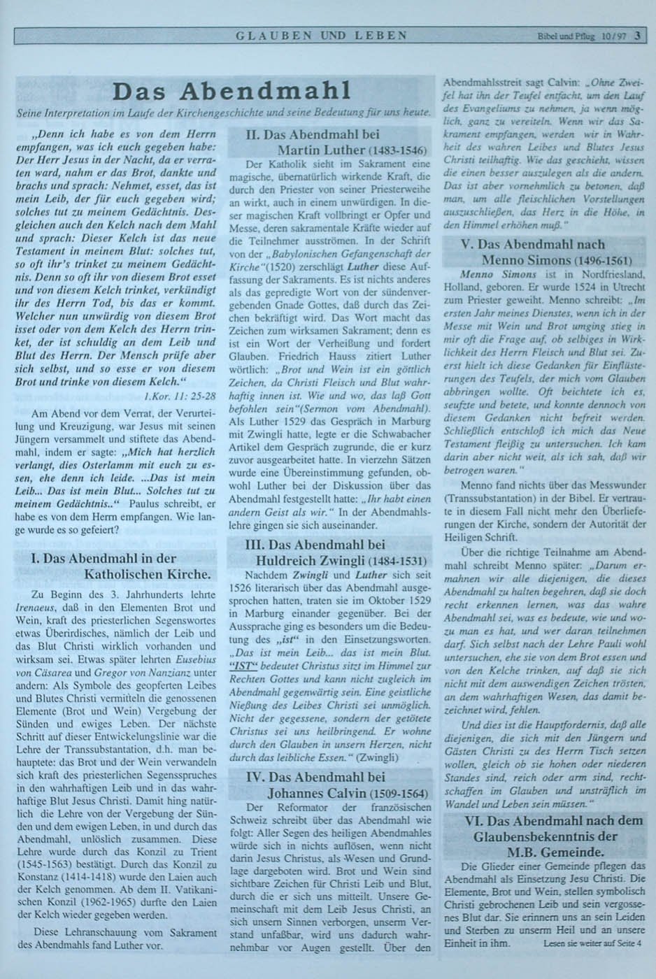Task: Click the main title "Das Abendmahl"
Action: click(x=231, y=92)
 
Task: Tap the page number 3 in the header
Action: click(x=638, y=35)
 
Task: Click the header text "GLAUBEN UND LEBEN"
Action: click(x=322, y=35)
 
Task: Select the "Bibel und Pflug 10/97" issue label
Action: click(x=580, y=36)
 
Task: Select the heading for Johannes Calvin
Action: click(x=329, y=785)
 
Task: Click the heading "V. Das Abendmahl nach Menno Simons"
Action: click(x=543, y=252)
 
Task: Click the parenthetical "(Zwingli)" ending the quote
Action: click(x=378, y=757)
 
